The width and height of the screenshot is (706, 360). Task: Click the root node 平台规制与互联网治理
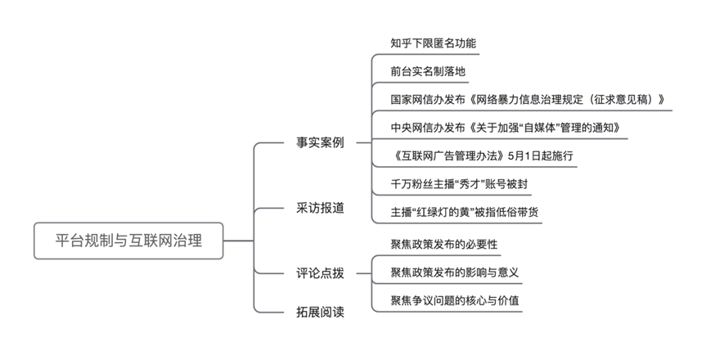point(128,241)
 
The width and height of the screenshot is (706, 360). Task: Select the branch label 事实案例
point(320,142)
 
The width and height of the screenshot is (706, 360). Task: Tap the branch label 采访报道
point(320,207)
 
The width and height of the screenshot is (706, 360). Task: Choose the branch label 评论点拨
point(320,272)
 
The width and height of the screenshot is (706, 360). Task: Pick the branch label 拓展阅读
point(320,312)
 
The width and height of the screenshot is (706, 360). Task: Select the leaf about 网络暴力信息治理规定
point(528,100)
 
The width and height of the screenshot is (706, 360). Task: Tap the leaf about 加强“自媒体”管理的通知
point(499,128)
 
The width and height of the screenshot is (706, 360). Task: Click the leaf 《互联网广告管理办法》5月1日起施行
point(483,155)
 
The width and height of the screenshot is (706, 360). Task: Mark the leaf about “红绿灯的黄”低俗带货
point(465,212)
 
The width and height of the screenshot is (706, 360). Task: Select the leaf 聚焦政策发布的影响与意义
point(455,272)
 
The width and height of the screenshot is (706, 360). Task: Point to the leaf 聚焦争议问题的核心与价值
point(455,300)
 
